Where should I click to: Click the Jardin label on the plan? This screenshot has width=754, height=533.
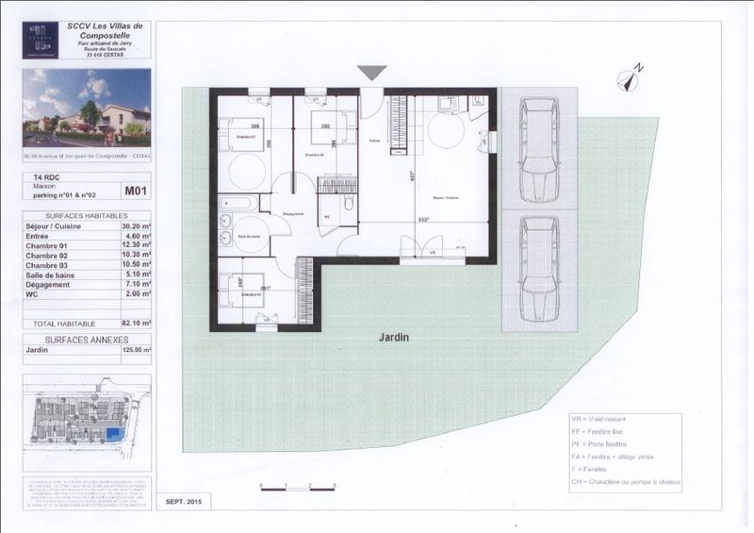(x=394, y=336)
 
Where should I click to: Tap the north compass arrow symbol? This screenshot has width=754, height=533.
(x=630, y=75)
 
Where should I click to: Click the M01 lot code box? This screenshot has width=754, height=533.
(x=137, y=191)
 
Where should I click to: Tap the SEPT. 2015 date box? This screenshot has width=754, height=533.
(x=184, y=502)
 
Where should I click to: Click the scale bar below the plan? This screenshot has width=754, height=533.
(x=297, y=486)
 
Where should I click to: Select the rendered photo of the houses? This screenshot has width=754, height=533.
(x=87, y=107)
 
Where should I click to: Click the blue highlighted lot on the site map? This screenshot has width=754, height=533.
(x=113, y=434)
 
